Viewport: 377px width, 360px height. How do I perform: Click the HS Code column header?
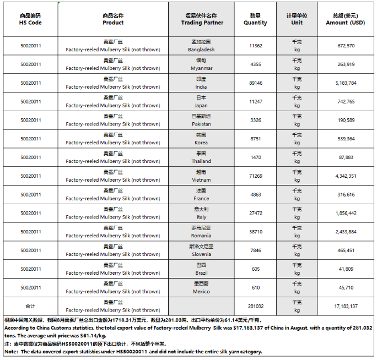(31, 19)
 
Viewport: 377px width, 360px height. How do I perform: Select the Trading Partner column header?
(202, 19)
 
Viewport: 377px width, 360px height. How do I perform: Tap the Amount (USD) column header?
(345, 19)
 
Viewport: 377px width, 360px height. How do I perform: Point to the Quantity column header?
(255, 19)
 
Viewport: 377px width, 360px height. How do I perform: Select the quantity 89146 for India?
(255, 83)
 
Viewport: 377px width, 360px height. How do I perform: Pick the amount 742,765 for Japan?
(345, 102)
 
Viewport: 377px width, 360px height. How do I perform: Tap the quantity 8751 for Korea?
(255, 139)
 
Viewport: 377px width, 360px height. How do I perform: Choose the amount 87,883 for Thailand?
(345, 157)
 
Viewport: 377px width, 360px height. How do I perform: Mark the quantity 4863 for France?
(255, 194)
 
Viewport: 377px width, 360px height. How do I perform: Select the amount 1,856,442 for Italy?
(345, 213)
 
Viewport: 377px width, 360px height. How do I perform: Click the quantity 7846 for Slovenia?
(255, 250)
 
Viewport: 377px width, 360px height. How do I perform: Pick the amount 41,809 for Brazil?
(345, 269)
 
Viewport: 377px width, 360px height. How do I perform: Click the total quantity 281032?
(255, 306)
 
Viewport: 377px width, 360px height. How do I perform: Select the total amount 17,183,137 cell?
(345, 306)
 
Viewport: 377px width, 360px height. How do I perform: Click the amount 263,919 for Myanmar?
(345, 64)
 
